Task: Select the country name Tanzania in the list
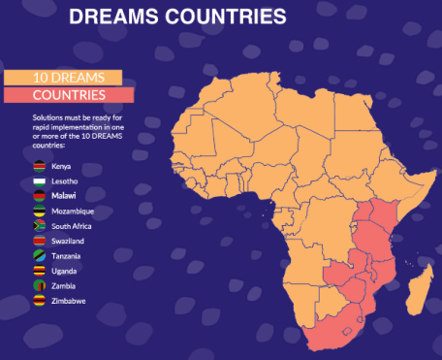tap(72, 256)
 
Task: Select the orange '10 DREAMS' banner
tap(62, 78)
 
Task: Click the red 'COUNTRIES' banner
tap(69, 95)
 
